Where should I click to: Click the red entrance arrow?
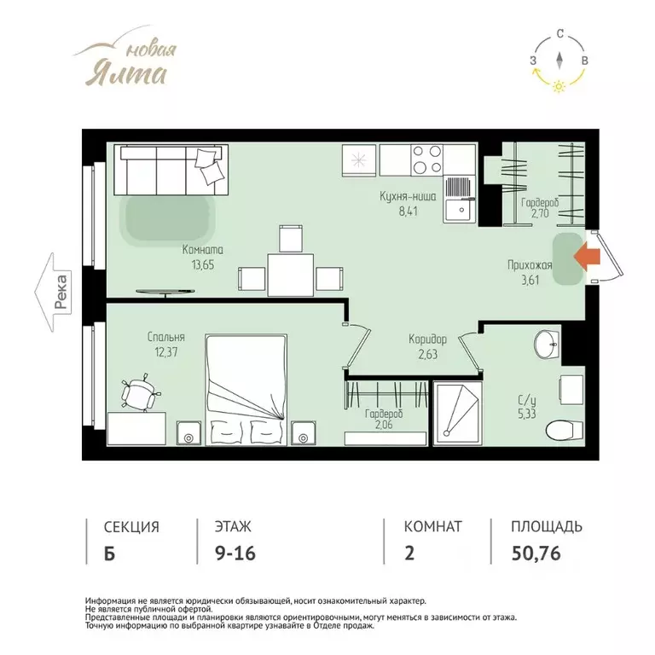point(588,256)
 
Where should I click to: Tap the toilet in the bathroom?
point(565,430)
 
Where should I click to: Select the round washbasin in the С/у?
point(547,345)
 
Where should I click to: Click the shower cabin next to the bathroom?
point(458,413)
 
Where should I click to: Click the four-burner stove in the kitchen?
point(427,159)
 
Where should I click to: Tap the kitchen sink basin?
point(460,210)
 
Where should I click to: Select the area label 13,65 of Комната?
point(203,265)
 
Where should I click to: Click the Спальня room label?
point(165,337)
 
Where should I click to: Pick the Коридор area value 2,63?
point(428,354)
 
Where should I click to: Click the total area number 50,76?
point(536,553)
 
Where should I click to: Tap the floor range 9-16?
point(235,553)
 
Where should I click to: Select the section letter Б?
point(109,554)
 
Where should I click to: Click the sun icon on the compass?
point(559,86)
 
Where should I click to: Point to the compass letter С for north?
point(560,34)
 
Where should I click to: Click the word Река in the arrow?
point(61,292)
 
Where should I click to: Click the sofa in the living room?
point(171,170)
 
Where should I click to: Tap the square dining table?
point(290,275)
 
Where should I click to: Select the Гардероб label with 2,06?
point(384,419)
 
